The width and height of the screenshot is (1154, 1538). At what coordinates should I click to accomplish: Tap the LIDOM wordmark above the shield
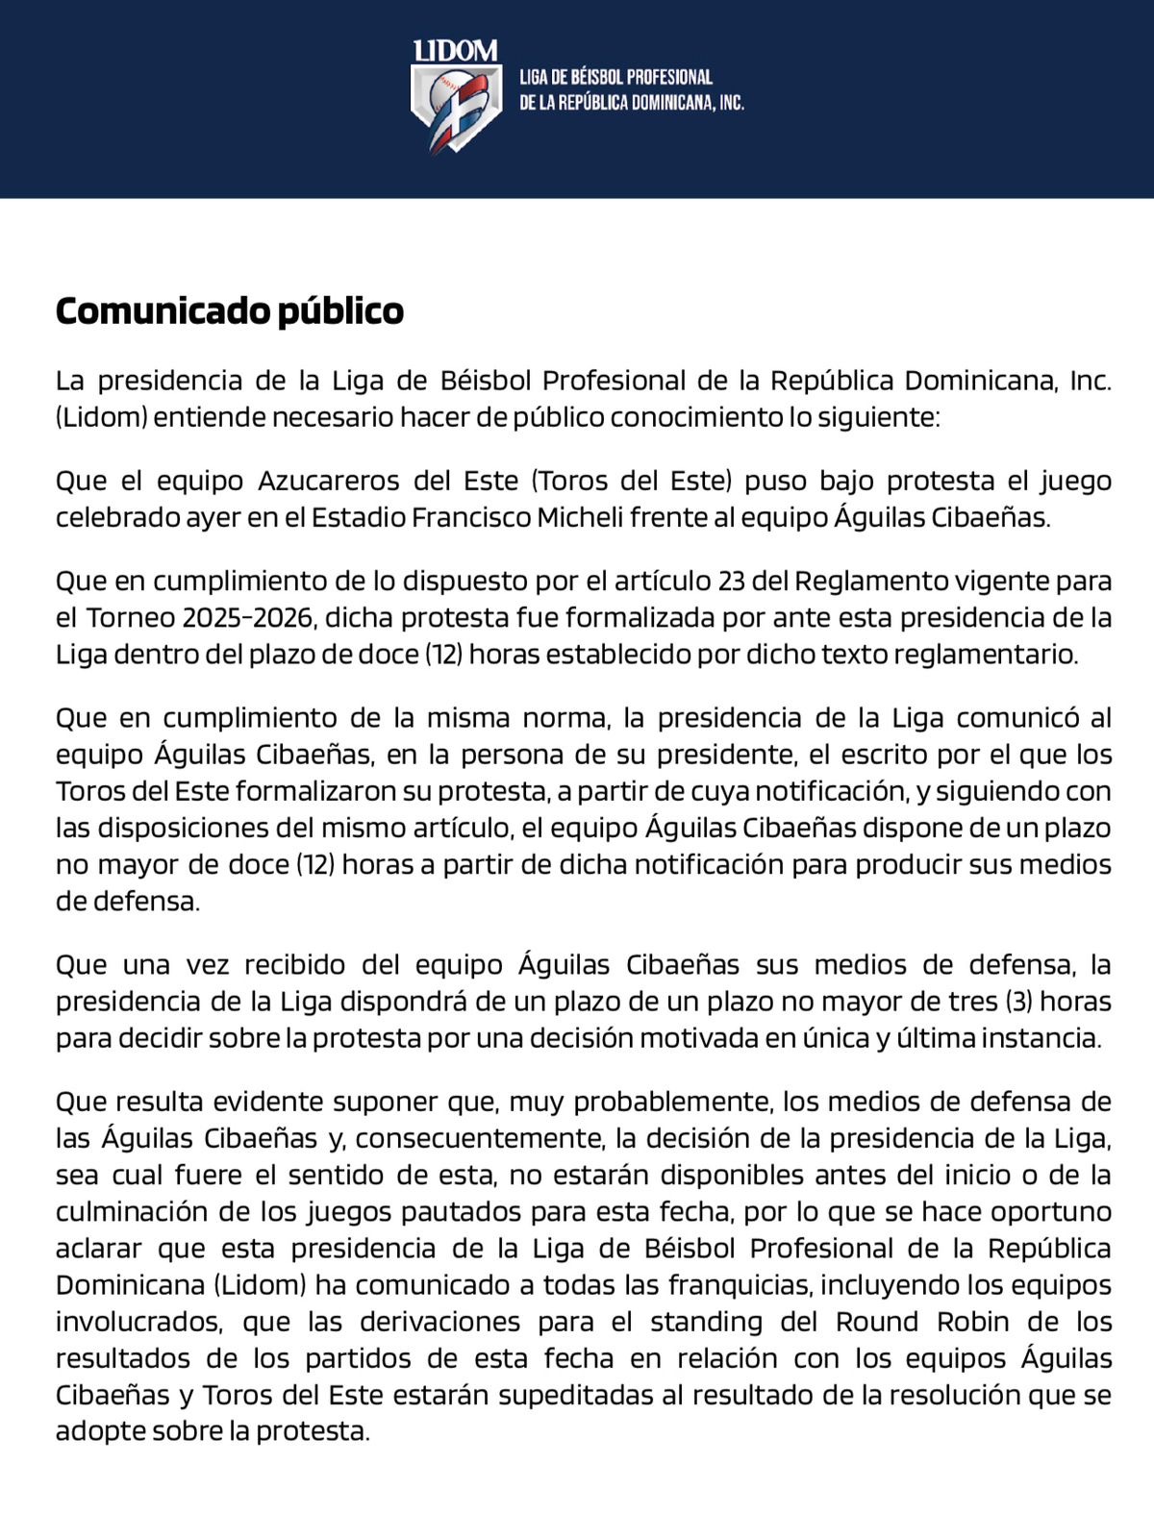[x=455, y=52]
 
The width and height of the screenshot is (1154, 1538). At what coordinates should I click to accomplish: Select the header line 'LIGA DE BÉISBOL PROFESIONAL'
[x=615, y=78]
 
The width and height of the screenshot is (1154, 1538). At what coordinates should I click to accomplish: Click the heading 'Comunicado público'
[x=229, y=310]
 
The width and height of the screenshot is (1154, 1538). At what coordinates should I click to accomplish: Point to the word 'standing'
[x=706, y=1321]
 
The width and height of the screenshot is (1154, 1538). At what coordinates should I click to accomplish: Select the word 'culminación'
[x=124, y=1211]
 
